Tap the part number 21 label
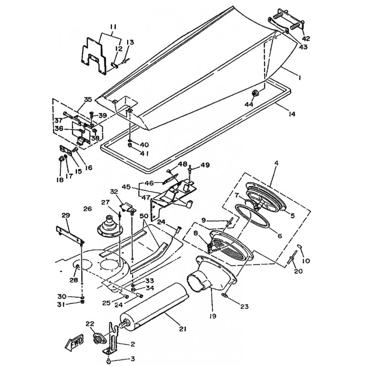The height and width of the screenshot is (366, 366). point(183,329)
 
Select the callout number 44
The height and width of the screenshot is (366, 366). point(248,104)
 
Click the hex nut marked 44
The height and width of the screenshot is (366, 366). point(254,93)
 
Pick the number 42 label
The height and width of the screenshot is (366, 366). point(306,38)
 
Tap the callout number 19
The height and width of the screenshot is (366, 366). point(213,316)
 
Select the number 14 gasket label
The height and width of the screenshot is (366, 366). point(291,113)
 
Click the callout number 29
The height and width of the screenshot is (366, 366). point(66,215)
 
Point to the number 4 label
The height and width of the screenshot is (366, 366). point(276,163)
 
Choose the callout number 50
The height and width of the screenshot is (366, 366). point(144,216)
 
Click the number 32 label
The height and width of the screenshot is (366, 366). point(114,192)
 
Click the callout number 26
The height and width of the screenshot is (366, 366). point(87,209)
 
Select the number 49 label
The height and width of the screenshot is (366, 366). point(205,165)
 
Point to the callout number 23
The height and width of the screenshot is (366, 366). point(244,306)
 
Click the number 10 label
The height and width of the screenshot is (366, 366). point(306,260)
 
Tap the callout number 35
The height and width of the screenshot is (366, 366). point(88,99)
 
